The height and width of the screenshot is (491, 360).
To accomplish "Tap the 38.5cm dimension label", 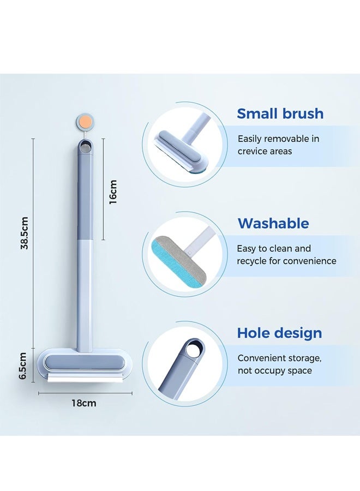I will [x=25, y=233].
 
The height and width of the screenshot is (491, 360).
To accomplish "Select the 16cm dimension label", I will [x=113, y=191].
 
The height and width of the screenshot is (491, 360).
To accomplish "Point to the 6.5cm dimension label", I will [x=23, y=366].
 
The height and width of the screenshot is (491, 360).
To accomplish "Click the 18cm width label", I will [x=84, y=403].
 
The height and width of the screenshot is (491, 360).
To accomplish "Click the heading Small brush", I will [x=280, y=113].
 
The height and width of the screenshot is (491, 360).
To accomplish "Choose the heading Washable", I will [x=273, y=223].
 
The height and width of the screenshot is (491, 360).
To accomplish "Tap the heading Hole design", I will [x=279, y=333].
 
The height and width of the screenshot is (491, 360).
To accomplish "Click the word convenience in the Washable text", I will [x=309, y=261].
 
